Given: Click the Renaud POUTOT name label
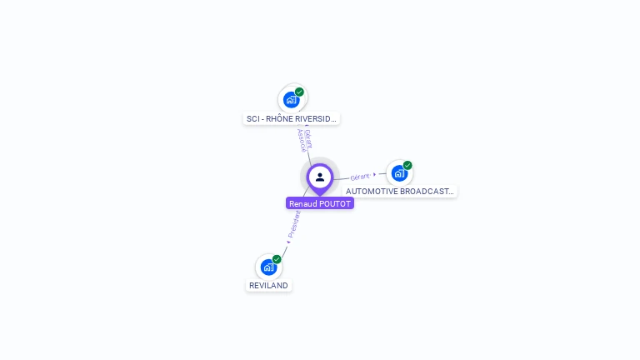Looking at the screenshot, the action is [x=320, y=203].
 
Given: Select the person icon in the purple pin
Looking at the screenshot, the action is [x=320, y=177].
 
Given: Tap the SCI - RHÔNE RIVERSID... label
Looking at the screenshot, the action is [x=292, y=119].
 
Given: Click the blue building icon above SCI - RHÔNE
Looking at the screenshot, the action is [x=291, y=100].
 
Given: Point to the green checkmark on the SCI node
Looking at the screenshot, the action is [x=299, y=92].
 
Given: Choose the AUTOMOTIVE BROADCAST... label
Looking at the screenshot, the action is [x=400, y=192].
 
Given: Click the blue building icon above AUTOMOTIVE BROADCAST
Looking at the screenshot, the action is [x=399, y=173].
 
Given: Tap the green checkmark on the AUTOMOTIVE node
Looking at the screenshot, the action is [x=407, y=165].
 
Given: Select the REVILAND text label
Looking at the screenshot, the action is [x=268, y=286].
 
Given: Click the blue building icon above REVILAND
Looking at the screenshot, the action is [x=268, y=267].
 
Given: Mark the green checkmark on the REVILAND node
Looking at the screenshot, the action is [x=277, y=259].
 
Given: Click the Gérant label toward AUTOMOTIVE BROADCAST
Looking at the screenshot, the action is [x=360, y=177].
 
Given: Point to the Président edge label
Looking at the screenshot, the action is [x=295, y=222].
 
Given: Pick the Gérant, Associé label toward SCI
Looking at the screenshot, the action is [x=305, y=139].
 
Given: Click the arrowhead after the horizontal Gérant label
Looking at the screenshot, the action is [x=375, y=174].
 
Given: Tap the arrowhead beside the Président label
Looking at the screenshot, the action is [x=288, y=242].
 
